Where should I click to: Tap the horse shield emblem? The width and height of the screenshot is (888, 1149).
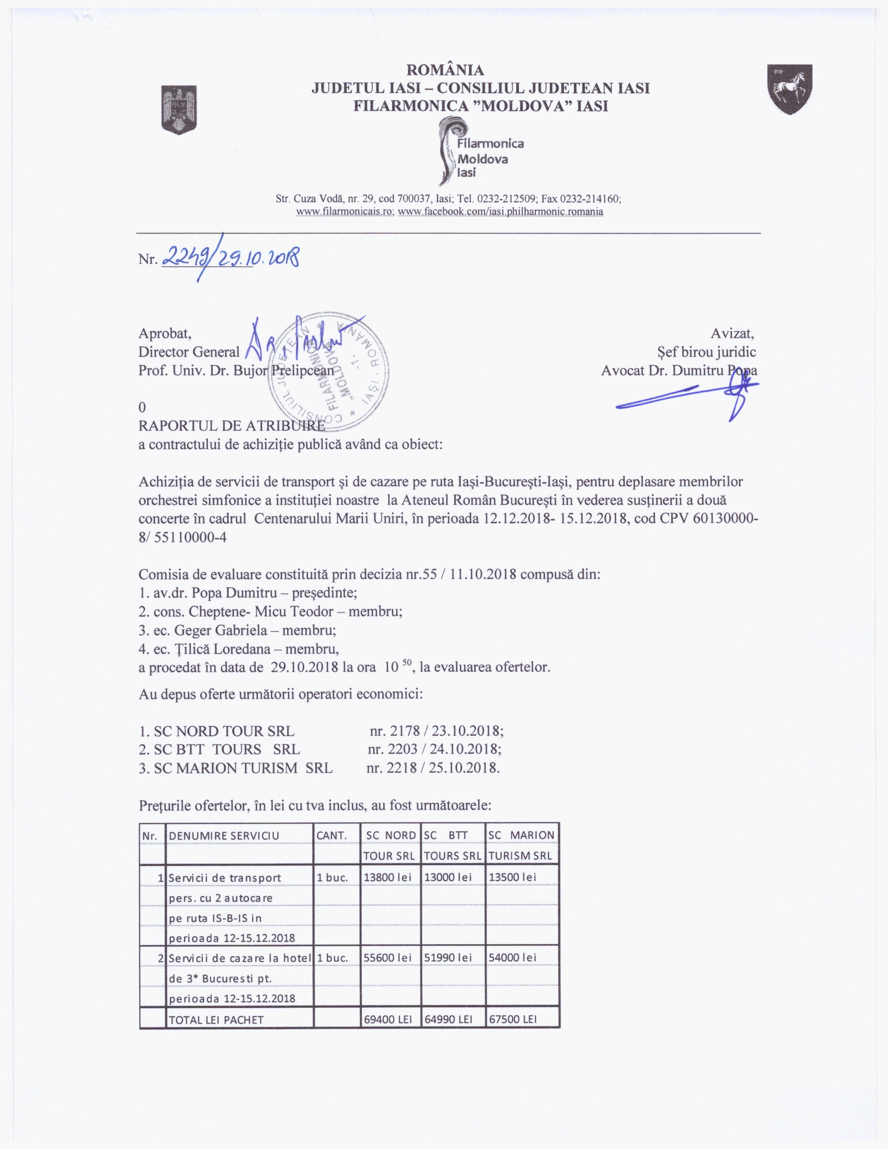[789, 89]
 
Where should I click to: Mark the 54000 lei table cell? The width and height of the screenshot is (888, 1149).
[513, 958]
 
